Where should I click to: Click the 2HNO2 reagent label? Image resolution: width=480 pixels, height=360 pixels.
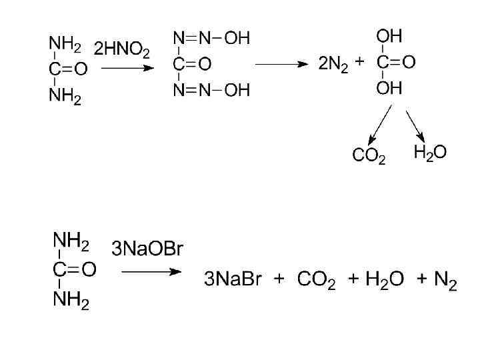pos(122,50)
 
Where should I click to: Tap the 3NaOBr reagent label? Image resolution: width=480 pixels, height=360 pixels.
pos(147,250)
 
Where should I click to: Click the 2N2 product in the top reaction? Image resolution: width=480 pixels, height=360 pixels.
pos(333,65)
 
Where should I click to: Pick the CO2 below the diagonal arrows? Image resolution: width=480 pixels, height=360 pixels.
pos(368,157)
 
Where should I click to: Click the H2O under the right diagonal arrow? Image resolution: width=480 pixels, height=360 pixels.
pos(430,153)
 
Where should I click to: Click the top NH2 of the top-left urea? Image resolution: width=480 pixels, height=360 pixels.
pos(65,45)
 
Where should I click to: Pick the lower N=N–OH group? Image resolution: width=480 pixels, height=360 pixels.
pos(211,90)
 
